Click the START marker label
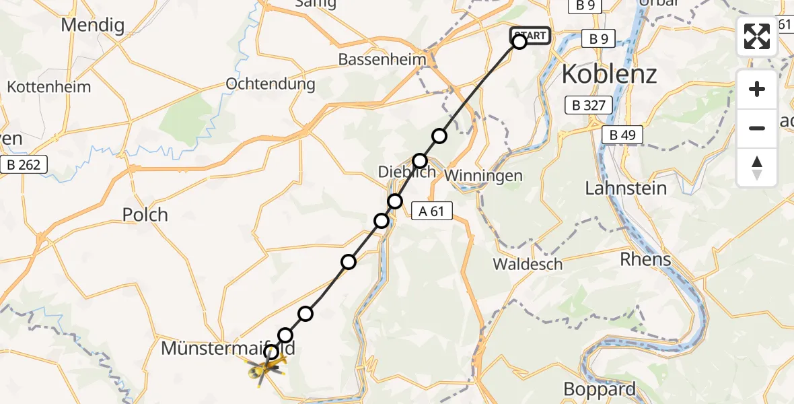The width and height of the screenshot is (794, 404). coord(531,35)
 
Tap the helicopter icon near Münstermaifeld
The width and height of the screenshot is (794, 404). coord(265,368)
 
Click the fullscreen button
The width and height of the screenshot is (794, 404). coord(757,36)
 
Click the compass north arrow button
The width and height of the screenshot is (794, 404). coord(757,168)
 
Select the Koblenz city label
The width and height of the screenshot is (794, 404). coord(608,74)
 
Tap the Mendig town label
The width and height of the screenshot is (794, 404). coord(92,26)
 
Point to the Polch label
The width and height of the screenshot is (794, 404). coord(145,215)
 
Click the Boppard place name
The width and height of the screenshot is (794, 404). coord(599,389)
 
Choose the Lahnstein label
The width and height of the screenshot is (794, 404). coord(626,189)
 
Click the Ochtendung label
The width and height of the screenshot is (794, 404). coord(270,84)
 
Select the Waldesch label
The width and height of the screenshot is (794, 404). coord(528,264)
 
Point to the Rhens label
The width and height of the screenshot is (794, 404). coord(645,259)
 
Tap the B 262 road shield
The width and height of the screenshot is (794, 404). coord(24,164)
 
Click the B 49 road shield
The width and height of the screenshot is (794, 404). coord(622,135)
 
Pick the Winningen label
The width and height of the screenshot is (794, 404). coord(484,176)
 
